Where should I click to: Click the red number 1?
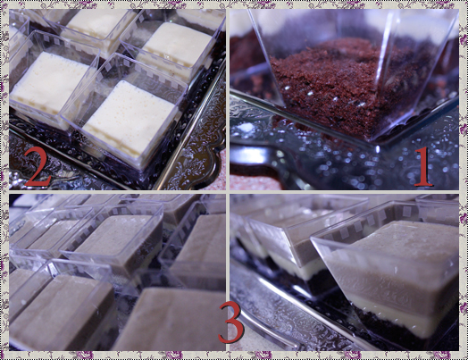(423, 166)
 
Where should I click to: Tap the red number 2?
(38, 166)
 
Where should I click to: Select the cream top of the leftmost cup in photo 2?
(47, 81)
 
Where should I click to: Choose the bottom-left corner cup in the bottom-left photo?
(60, 311)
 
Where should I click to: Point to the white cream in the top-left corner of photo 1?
(239, 22)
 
